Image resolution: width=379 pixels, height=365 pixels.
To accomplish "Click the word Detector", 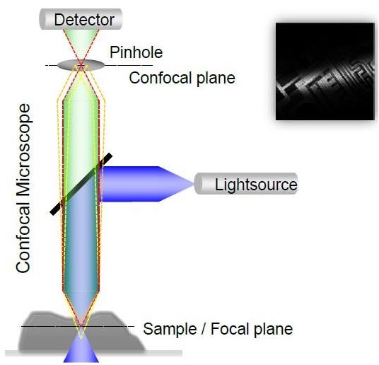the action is (x=84, y=20).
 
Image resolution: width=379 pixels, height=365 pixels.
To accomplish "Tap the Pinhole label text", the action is (x=136, y=52).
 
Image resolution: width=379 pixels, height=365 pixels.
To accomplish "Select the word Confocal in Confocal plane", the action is (x=161, y=78).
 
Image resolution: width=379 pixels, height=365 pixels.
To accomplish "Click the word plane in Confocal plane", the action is (x=216, y=78).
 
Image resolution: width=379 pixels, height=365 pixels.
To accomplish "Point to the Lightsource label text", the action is (x=256, y=185).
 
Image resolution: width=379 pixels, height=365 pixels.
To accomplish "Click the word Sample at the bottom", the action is (x=170, y=329).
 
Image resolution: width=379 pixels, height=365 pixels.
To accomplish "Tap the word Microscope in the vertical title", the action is (x=23, y=150).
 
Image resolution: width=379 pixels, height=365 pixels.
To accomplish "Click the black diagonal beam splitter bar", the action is (x=81, y=184).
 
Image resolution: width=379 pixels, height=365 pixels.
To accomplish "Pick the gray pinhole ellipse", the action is (x=81, y=65).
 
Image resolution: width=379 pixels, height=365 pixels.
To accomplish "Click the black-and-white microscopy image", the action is (x=325, y=71).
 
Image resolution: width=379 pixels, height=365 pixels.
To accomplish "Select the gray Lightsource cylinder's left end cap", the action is (x=199, y=183).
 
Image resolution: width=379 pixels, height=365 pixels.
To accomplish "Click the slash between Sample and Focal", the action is (x=204, y=329).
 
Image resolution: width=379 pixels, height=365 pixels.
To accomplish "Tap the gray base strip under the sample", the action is (x=93, y=353).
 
